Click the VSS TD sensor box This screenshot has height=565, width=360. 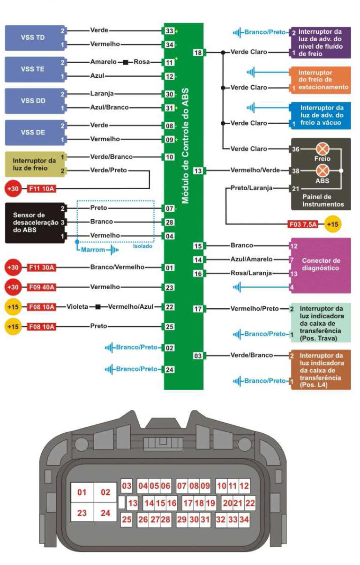[34, 38]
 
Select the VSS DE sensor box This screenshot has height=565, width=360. [34, 132]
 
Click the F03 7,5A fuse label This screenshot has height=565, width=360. [303, 224]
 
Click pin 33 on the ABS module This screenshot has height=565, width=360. [169, 31]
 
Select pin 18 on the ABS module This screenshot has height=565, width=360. [198, 52]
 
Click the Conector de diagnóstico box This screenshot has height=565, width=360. [321, 265]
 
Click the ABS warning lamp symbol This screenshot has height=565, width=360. [323, 171]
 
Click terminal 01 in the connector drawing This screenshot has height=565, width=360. [82, 492]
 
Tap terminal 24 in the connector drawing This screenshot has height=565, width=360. [105, 513]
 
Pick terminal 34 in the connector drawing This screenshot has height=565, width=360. [244, 520]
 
